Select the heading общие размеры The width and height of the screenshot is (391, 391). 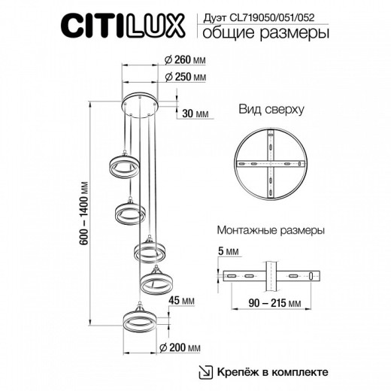tap(256, 35)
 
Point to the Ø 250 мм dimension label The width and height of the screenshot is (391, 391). tap(185, 77)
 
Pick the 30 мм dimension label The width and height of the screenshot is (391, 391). tap(195, 114)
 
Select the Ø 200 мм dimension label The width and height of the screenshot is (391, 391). tap(185, 347)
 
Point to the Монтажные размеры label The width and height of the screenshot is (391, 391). tap(270, 231)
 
